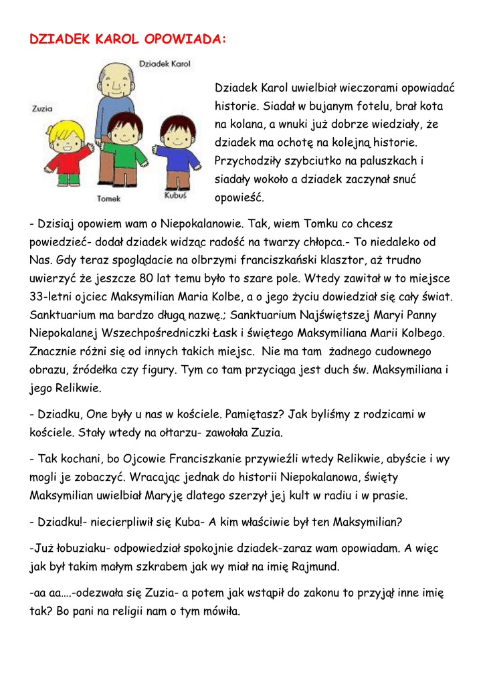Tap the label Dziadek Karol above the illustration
[165, 64]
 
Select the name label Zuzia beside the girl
[42, 108]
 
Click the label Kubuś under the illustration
[175, 196]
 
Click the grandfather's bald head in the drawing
[116, 80]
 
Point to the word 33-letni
[50, 296]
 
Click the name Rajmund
[316, 567]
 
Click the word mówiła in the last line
[217, 611]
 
